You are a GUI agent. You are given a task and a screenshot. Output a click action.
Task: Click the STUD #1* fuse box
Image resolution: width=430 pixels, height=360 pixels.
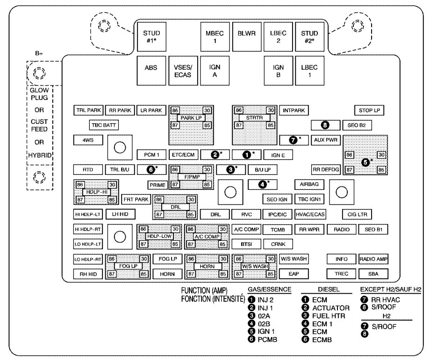pos(151,36)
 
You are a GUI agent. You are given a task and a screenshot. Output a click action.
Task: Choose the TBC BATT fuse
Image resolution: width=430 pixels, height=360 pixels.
pos(104,125)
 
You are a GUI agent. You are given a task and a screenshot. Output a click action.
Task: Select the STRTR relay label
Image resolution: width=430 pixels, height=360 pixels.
pos(252,118)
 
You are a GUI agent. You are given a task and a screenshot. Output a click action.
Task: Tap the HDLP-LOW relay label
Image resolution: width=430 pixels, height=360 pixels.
pos(158,237)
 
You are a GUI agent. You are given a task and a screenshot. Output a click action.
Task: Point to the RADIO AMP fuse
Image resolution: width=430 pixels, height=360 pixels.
pos(373,259)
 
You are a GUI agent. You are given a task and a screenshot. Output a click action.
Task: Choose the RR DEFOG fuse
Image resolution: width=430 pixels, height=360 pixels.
pos(325,169)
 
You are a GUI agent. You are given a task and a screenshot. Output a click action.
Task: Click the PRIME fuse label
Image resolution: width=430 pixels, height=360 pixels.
pos(158,185)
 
